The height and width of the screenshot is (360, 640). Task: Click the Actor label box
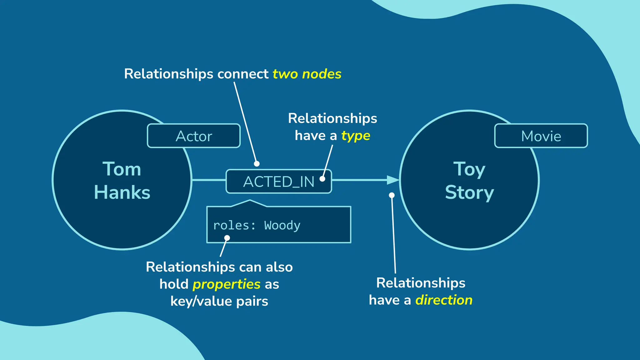pos(194,136)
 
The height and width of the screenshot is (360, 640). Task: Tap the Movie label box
pos(541,136)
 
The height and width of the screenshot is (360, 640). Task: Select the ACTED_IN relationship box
pos(278,182)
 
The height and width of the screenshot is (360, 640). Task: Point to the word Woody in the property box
pos(282,225)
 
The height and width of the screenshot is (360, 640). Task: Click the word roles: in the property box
pos(234,225)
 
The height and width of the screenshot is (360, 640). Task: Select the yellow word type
pos(356,136)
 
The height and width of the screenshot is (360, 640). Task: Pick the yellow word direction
pos(444,300)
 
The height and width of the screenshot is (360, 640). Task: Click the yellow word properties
pos(227,284)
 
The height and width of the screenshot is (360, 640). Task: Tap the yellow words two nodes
pos(307,74)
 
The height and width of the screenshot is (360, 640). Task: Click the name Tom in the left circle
pos(122,169)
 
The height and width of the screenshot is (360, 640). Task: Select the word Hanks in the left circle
pos(122,192)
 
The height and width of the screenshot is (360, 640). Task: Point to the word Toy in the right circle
pos(469,170)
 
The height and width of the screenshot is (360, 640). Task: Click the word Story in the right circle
pos(469,192)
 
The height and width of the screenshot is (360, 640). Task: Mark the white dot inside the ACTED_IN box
pos(322,179)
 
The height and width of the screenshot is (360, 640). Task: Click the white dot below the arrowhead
pos(392,195)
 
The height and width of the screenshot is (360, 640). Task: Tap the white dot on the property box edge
pos(227,238)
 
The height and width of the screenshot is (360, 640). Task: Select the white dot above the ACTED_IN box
pos(257,164)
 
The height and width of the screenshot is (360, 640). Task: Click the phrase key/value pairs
pos(219,301)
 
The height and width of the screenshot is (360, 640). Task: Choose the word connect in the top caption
pos(243,74)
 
